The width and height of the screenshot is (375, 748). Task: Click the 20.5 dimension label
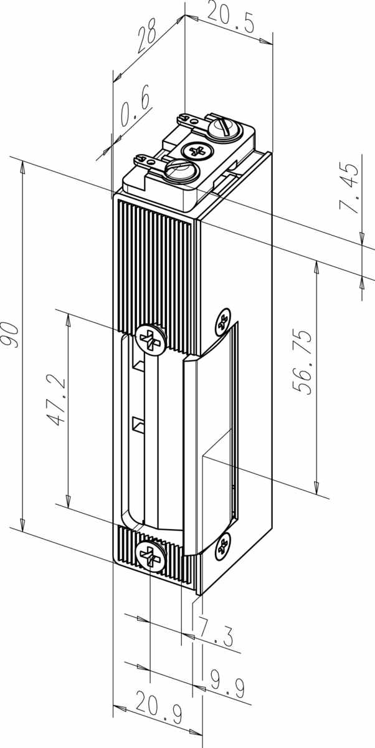pyautogui.click(x=230, y=19)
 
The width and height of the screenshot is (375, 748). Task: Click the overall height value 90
pyautogui.click(x=9, y=335)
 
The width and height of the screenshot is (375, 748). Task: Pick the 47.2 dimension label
pyautogui.click(x=54, y=401)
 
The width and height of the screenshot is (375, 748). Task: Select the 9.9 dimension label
pyautogui.click(x=227, y=679)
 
